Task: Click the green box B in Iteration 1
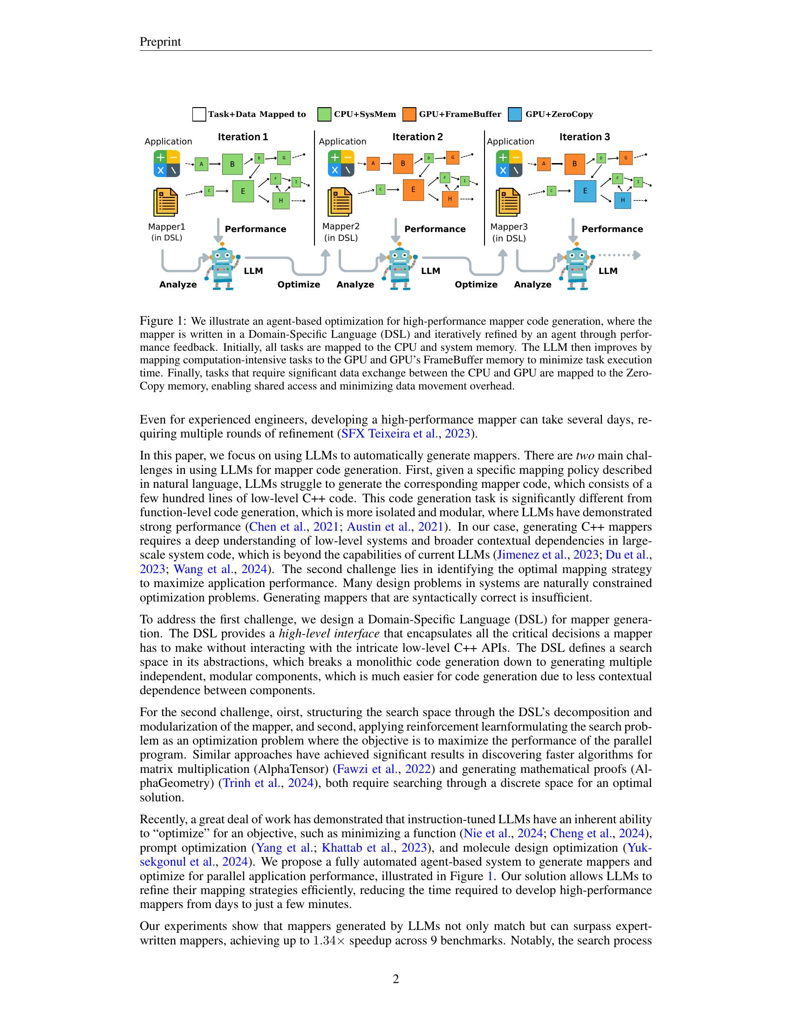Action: click(x=232, y=164)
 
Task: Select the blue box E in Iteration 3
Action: click(x=585, y=191)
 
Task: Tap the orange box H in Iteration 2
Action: click(x=450, y=199)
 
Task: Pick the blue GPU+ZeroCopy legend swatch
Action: click(x=515, y=115)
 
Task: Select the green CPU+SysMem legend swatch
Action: click(x=324, y=115)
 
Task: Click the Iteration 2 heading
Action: click(x=417, y=137)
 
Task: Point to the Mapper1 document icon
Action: click(x=166, y=202)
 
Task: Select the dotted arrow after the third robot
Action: click(x=618, y=255)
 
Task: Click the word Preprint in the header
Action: click(x=160, y=42)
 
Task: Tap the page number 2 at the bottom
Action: click(x=396, y=978)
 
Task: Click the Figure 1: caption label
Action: click(x=163, y=321)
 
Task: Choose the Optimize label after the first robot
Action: click(x=299, y=284)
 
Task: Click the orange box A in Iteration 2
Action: click(x=373, y=164)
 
